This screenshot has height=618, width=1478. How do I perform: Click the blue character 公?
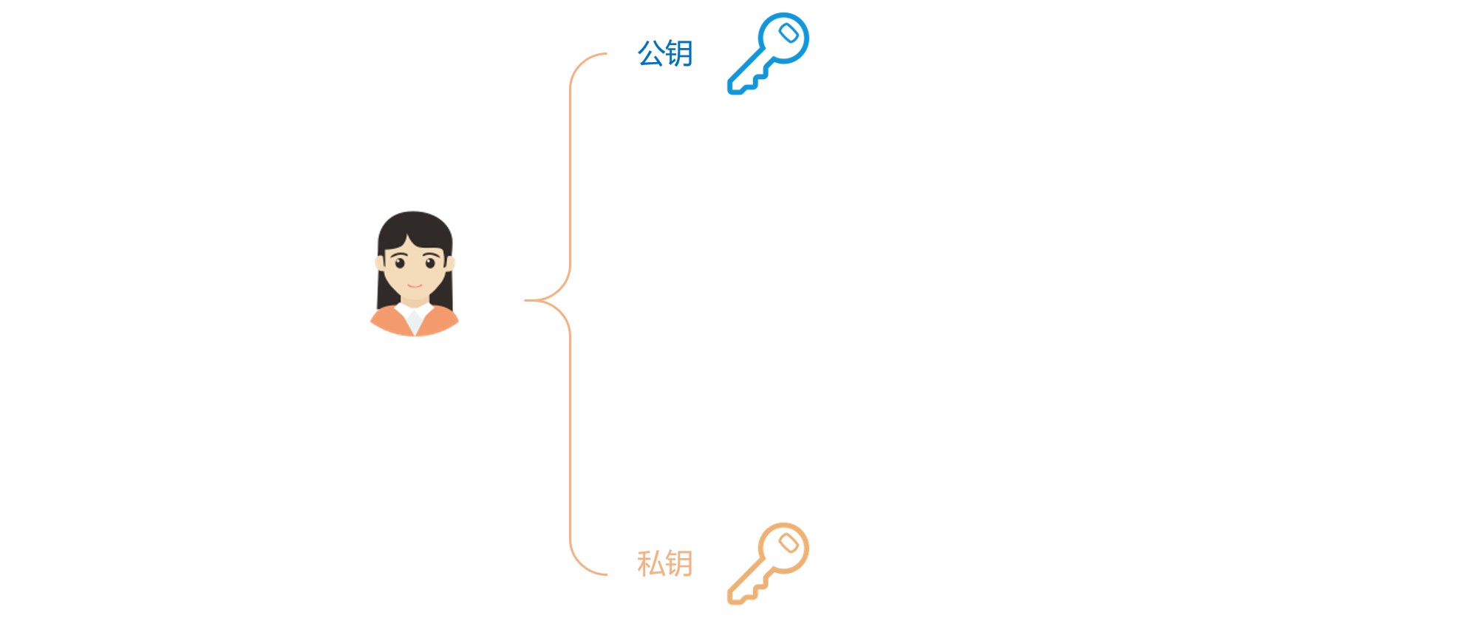point(651,53)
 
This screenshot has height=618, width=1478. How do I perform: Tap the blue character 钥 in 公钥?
point(679,53)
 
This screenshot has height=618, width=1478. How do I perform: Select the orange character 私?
point(651,563)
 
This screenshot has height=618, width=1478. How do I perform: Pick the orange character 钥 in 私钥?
point(679,563)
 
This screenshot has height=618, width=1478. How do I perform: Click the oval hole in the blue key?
point(789,33)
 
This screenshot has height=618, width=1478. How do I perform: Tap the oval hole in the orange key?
point(789,543)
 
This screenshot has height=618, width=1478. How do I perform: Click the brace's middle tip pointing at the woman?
point(525,300)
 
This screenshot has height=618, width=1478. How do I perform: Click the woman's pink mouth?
point(415,285)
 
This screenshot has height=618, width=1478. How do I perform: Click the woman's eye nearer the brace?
point(430,263)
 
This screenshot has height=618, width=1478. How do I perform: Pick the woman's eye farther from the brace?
point(400,263)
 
